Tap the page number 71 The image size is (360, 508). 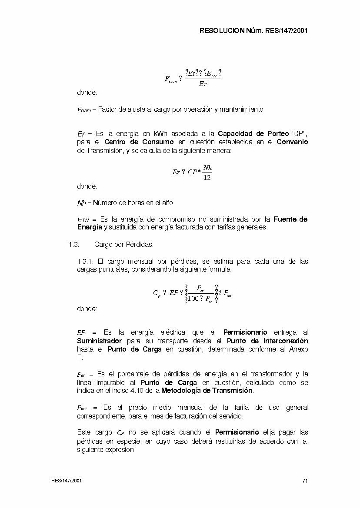coord(305,481)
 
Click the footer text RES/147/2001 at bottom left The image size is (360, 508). coord(66,481)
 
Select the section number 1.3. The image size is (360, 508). coord(73,245)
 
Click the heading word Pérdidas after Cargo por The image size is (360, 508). coord(139,245)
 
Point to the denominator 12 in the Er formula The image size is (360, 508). coord(207,178)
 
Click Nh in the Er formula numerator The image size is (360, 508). coord(207,168)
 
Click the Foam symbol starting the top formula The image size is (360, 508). coord(170,79)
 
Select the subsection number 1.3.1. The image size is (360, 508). coord(85,262)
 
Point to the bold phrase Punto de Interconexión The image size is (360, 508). coord(267,341)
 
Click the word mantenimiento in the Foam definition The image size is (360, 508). coord(241,110)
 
